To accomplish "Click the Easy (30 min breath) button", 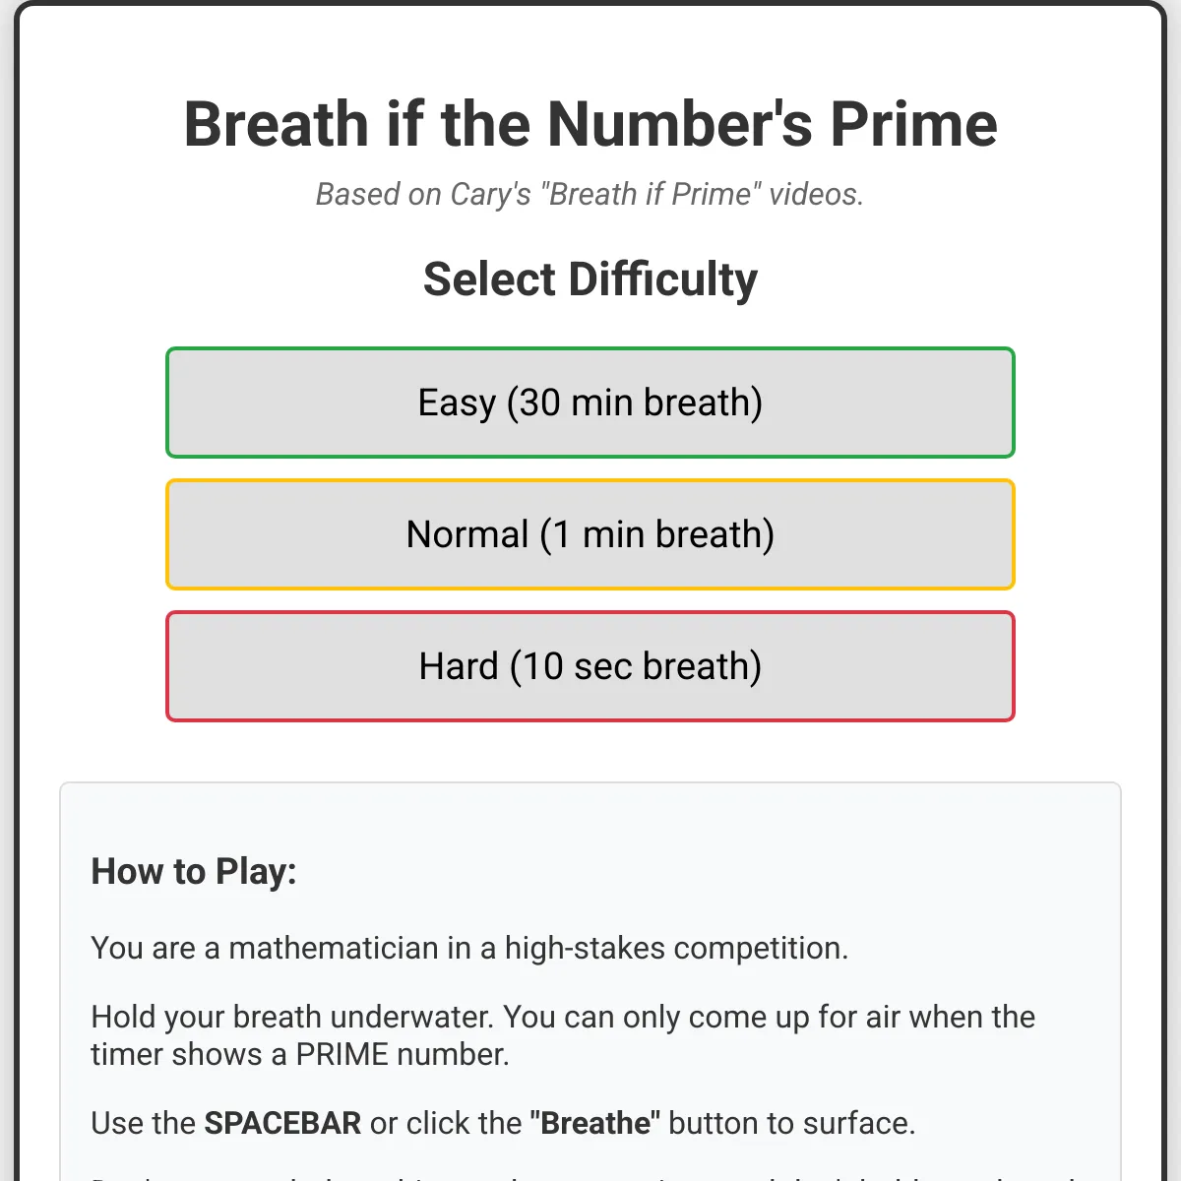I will [x=590, y=403].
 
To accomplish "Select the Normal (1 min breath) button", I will [x=590, y=534].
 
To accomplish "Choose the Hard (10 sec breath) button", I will [x=590, y=666].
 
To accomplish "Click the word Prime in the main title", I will [x=913, y=125].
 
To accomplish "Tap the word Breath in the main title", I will [x=276, y=125].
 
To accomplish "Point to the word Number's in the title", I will [x=679, y=125].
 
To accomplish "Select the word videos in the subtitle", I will [x=815, y=195].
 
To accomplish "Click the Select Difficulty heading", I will [x=590, y=280].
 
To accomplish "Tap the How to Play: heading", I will [x=194, y=872].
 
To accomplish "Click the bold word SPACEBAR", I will [x=282, y=1123].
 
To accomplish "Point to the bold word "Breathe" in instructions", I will [x=595, y=1123].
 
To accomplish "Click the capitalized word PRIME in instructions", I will [x=342, y=1055].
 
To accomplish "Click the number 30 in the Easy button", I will [x=539, y=403].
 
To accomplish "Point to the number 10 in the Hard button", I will [x=542, y=666].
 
